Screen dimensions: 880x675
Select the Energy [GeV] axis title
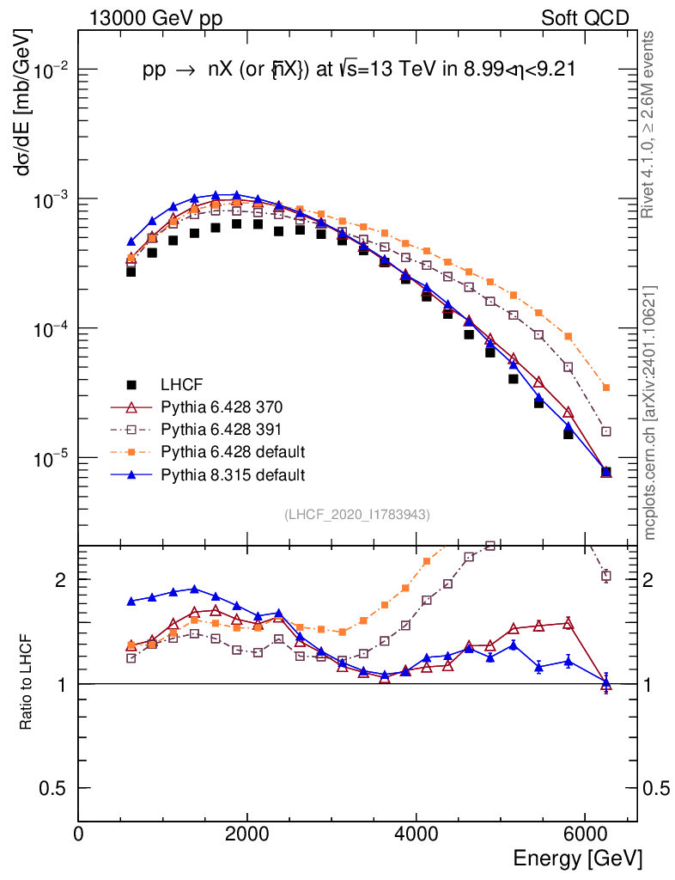point(577,859)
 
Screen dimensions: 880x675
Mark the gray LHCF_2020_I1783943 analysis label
point(356,515)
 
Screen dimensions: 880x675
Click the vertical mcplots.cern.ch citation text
point(650,412)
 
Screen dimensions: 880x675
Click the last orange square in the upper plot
point(606,388)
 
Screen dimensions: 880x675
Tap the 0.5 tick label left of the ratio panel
point(53,788)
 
